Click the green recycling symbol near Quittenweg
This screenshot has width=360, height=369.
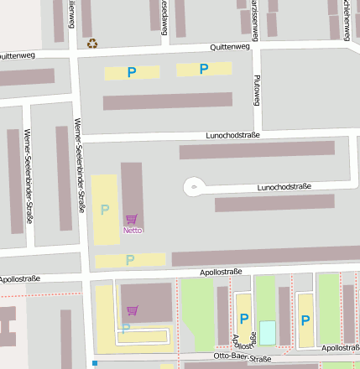pos(92,43)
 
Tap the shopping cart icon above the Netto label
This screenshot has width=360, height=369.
pos(132,220)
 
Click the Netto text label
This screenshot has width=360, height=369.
pos(133,230)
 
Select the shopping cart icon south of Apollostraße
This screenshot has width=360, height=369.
pos(132,310)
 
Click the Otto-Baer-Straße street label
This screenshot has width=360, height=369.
pos(243,359)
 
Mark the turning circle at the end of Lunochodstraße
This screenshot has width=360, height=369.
pos(194,186)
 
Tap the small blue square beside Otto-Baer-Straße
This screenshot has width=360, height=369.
pos(96,363)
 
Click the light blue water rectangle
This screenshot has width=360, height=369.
pos(267,332)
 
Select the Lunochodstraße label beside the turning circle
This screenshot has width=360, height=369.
pos(284,187)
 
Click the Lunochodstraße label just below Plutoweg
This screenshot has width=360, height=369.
pos(233,135)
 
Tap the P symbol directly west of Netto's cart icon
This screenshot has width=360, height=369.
pos(105,210)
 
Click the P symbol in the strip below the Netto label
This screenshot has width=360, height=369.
pos(130,260)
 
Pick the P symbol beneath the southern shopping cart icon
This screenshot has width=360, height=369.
pos(126,328)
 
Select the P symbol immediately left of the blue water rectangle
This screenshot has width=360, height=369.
pos(244,319)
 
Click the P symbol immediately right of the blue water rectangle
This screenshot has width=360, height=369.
pos(305,320)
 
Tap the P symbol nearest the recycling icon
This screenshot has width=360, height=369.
pos(131,73)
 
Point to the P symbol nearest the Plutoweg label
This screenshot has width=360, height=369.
pos(203,69)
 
